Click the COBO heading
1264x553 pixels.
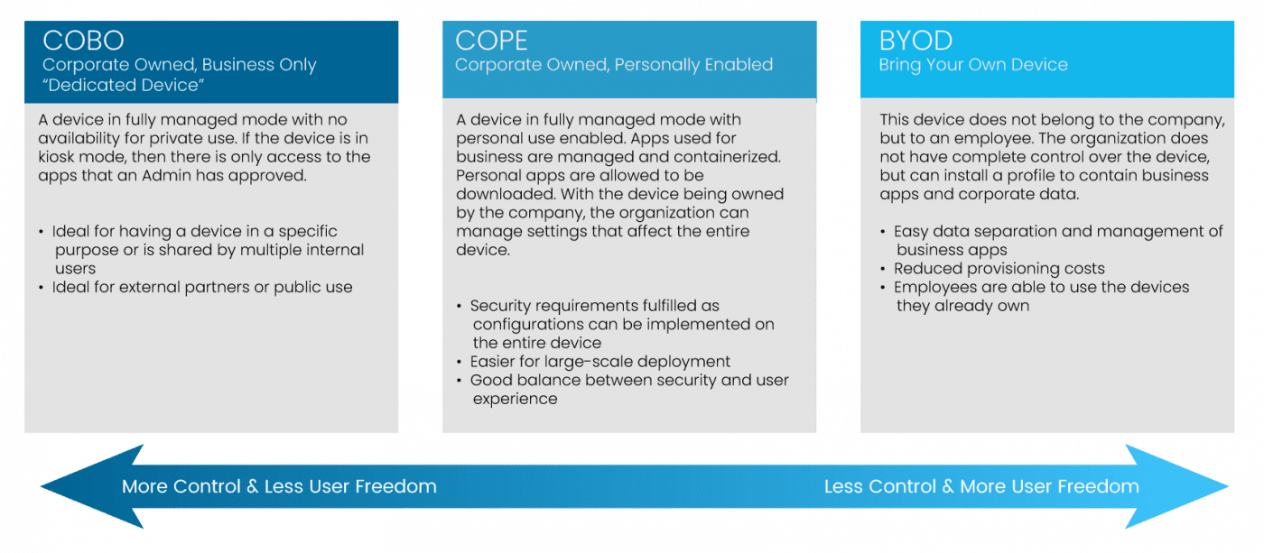coord(83,41)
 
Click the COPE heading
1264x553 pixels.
coord(492,41)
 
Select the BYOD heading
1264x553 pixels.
coord(915,41)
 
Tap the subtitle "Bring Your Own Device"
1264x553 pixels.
coord(973,65)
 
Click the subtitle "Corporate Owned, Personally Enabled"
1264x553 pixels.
coord(614,65)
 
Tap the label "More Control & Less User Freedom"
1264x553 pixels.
coord(279,487)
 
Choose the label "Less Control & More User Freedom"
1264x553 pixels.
coord(981,487)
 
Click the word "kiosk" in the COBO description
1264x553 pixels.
coord(59,157)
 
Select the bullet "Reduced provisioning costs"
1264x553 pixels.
coord(999,269)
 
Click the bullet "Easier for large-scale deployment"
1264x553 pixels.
coord(599,362)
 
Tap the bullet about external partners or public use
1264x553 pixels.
coord(201,288)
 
